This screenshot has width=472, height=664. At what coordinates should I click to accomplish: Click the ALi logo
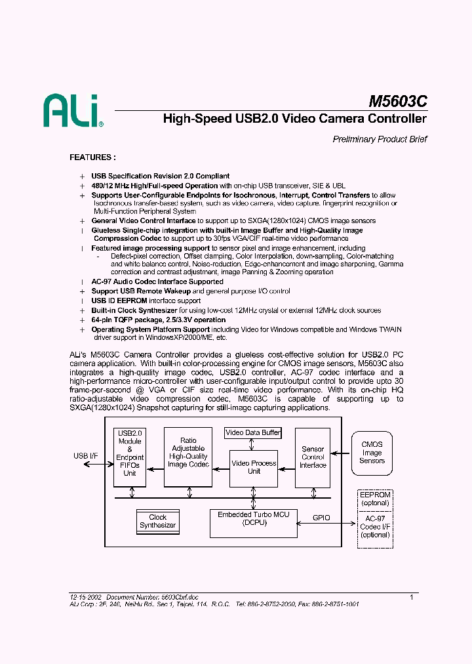(x=73, y=110)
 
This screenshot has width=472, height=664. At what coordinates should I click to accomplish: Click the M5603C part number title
(x=397, y=102)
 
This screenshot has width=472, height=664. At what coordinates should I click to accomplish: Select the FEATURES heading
(x=93, y=157)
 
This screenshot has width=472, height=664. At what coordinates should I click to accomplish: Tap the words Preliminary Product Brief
(x=380, y=139)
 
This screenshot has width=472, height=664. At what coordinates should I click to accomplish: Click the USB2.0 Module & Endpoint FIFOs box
(x=129, y=457)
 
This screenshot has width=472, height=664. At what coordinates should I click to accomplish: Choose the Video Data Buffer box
(x=253, y=433)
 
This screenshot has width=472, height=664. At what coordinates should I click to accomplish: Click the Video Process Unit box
(x=254, y=467)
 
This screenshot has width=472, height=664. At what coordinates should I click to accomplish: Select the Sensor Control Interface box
(x=313, y=457)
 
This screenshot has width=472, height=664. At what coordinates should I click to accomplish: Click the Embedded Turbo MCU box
(x=253, y=518)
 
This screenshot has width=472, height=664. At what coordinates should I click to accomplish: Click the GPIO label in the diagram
(x=321, y=518)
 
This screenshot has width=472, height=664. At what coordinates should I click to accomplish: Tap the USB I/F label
(x=85, y=455)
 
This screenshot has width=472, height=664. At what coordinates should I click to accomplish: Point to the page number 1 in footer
(x=411, y=597)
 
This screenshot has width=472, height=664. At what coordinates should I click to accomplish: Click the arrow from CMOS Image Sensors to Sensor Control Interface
(x=341, y=452)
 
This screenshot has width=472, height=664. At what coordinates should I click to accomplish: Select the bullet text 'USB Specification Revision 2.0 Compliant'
(x=160, y=176)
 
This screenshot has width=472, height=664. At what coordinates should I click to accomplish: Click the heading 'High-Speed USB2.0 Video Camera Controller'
(x=294, y=119)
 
